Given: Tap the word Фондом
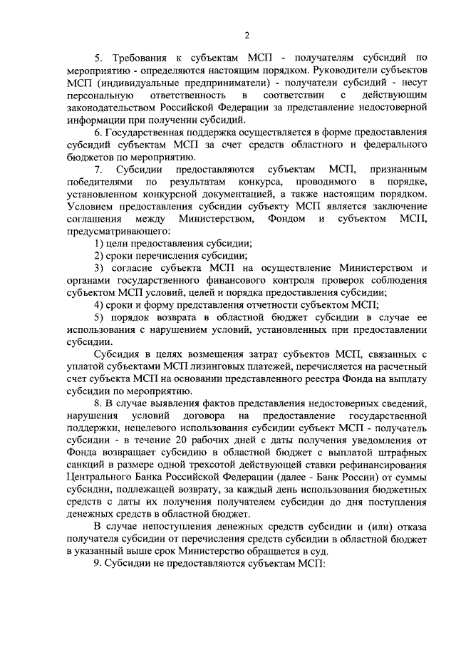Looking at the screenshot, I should click(287, 218).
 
